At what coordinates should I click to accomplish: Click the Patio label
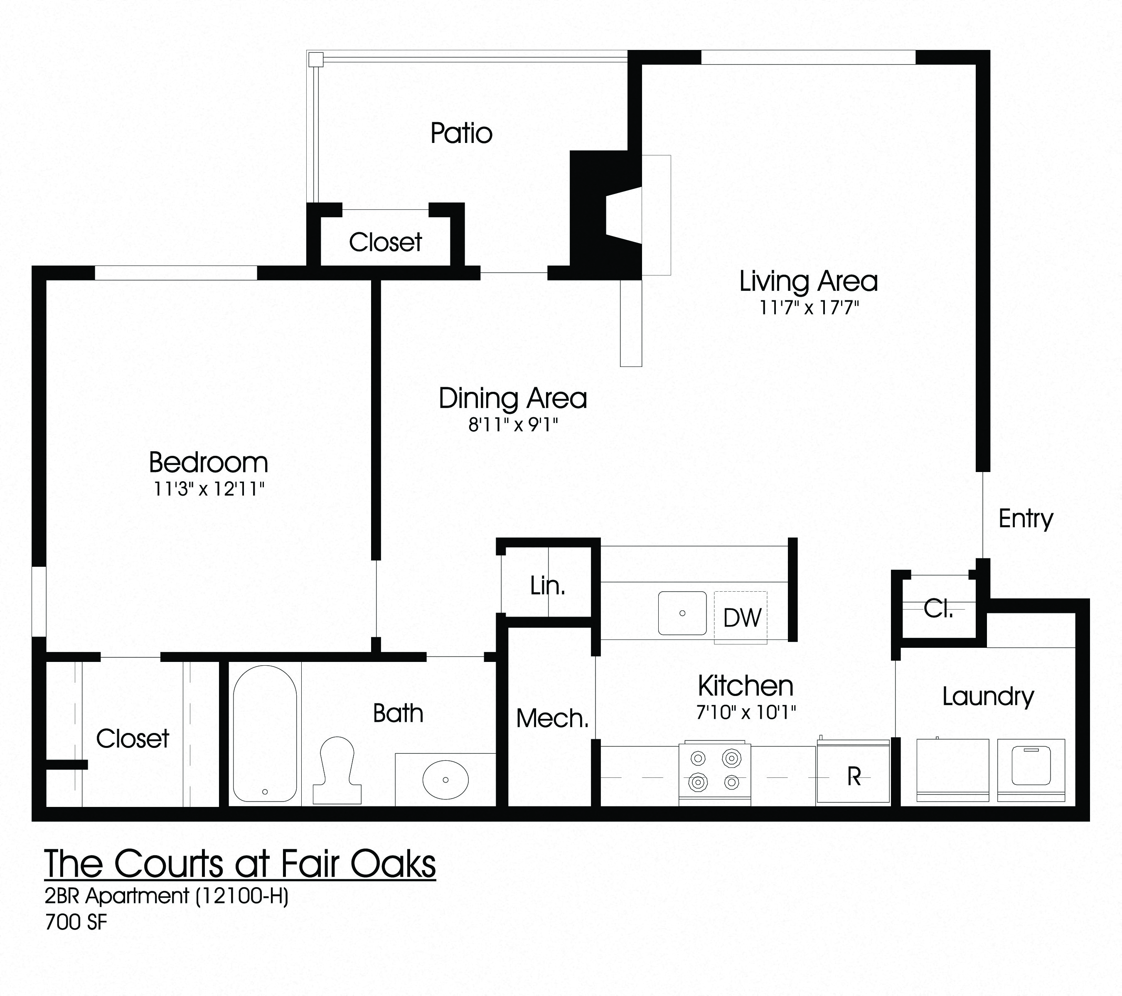[461, 133]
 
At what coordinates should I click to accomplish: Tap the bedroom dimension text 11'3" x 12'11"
[209, 489]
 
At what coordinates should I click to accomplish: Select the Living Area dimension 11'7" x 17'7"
[809, 308]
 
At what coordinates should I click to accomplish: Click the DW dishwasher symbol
[741, 618]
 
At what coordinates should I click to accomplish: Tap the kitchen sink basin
[682, 613]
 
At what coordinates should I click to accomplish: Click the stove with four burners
[715, 773]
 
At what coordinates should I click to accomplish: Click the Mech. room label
[552, 718]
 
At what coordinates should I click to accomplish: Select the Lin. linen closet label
[547, 586]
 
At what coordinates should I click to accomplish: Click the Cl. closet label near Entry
[938, 609]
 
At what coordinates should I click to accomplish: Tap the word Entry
[1026, 519]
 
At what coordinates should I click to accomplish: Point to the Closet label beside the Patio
[385, 242]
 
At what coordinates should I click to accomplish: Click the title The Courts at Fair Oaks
[240, 863]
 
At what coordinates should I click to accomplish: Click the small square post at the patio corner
[315, 59]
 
